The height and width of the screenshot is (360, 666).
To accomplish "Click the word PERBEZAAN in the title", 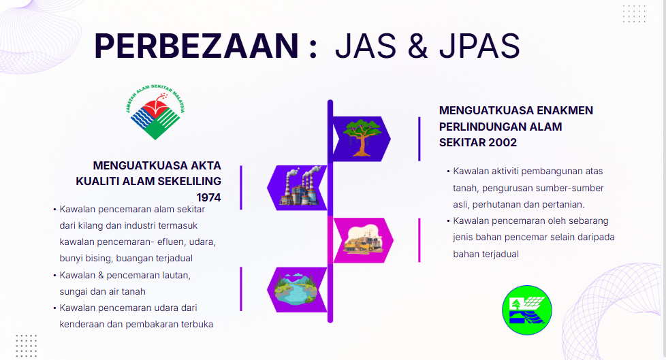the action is tap(196, 46).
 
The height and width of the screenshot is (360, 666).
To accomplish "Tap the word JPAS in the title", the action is tap(479, 46).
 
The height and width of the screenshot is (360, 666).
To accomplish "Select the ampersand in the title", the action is tap(418, 46).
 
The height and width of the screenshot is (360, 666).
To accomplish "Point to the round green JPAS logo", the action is tap(526, 310).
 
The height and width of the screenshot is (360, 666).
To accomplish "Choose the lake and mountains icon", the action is tap(296, 289).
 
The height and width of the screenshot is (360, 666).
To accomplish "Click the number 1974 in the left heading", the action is tap(208, 197).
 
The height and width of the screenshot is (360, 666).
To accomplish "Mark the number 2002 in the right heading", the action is tap(503, 142).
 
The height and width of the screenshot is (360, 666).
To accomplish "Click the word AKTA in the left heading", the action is tap(206, 165).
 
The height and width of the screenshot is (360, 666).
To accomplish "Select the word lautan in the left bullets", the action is tap(176, 275).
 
